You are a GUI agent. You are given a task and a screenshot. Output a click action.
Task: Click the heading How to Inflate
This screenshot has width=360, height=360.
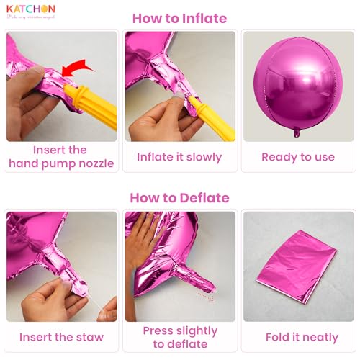(179, 18)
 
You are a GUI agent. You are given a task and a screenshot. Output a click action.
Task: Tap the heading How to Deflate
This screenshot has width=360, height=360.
(179, 197)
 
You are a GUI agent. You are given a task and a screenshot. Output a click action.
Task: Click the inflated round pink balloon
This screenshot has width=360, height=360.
(297, 84)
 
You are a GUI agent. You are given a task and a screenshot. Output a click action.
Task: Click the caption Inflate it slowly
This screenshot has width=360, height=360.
(179, 157)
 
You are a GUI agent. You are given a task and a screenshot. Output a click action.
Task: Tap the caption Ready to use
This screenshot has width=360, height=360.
(297, 157)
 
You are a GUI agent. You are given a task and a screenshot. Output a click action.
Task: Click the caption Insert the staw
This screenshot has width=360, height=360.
(61, 336)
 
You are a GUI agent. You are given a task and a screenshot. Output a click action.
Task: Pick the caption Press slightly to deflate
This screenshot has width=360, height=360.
(179, 337)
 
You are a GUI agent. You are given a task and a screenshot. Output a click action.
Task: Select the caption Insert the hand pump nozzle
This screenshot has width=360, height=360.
(61, 157)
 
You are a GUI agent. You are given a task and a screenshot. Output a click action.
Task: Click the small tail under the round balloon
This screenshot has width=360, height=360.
(297, 132)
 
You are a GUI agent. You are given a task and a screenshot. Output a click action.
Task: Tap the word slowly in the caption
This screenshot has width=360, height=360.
(202, 157)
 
